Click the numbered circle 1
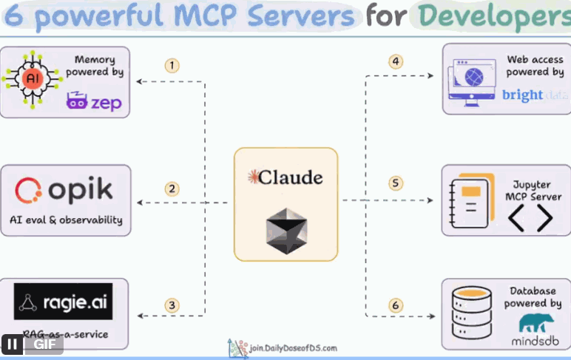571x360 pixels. [x=172, y=65]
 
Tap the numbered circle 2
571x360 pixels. [x=172, y=189]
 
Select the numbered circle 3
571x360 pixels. [x=172, y=305]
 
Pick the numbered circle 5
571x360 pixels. [x=396, y=183]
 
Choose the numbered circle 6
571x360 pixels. [x=396, y=305]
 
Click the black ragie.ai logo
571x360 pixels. [x=63, y=302]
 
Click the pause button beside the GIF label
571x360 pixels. [x=13, y=344]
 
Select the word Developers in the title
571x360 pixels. [x=493, y=16]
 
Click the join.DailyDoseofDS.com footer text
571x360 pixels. [x=292, y=347]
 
